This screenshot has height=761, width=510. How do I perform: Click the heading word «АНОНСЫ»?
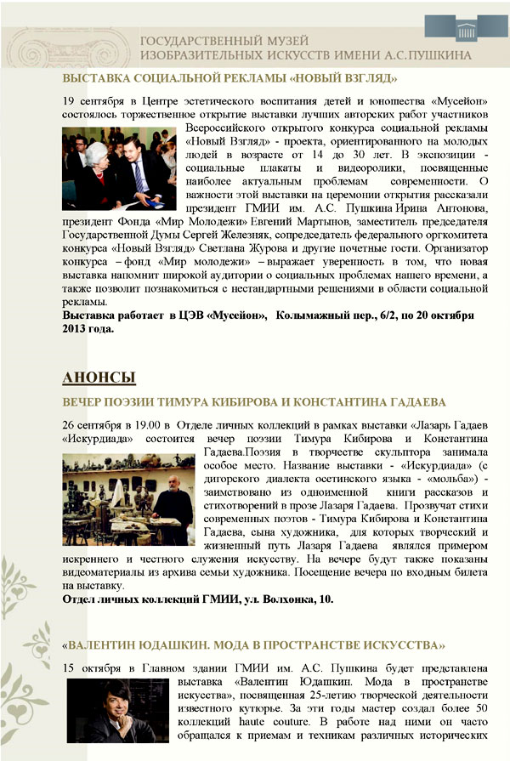99,375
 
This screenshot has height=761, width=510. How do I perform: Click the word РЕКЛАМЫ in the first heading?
243,79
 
